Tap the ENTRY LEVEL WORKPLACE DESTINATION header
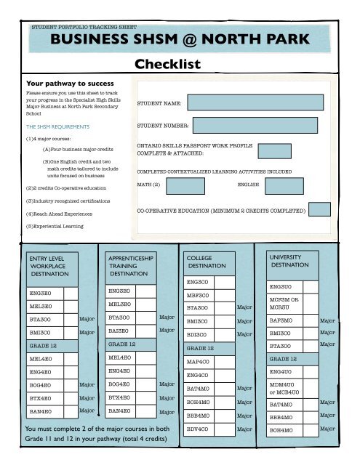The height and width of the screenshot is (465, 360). (x=48, y=267)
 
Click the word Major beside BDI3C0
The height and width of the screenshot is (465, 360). (x=244, y=334)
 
